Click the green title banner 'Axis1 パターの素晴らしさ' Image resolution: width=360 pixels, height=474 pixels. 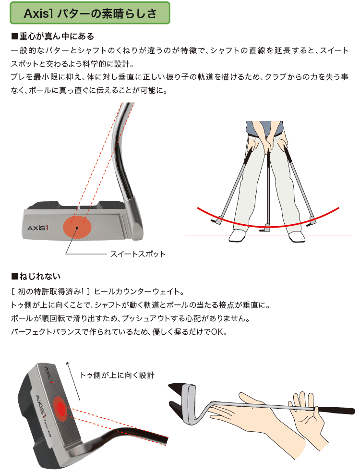pyautogui.click(x=90, y=13)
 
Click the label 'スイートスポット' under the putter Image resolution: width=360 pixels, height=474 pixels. pyautogui.click(x=138, y=254)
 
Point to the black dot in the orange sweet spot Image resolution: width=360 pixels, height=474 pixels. pyautogui.click(x=77, y=228)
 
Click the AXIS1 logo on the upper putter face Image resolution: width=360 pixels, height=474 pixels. pyautogui.click(x=38, y=228)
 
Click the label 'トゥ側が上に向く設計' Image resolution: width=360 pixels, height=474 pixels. pyautogui.click(x=117, y=375)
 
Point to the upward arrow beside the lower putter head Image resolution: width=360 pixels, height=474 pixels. pyautogui.click(x=73, y=381)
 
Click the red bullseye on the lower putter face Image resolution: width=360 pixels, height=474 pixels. pyautogui.click(x=61, y=409)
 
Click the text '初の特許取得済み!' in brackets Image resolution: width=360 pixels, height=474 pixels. pyautogui.click(x=50, y=292)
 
